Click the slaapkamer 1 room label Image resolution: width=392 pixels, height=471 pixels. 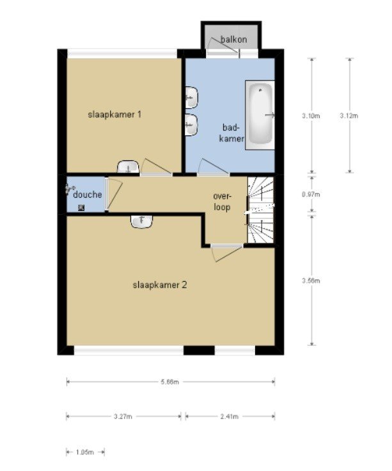coord(114,114)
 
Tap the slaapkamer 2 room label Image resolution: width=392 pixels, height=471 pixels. coord(160,285)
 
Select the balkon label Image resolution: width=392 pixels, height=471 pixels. coord(234,40)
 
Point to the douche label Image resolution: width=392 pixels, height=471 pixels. coord(88,195)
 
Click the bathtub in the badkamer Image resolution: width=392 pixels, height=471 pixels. coord(260,115)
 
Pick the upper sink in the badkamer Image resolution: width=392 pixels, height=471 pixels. coord(191,98)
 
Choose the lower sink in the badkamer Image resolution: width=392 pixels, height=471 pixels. coord(191,125)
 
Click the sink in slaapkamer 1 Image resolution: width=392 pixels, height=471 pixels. coord(128,167)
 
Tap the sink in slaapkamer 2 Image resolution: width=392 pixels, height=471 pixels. coord(141,222)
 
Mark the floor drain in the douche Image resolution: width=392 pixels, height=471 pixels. coord(81,208)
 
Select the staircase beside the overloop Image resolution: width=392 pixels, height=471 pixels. coord(261,210)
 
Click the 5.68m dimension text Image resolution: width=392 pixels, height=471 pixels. coord(170,382)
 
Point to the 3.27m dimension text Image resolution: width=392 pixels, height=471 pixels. coord(123,417)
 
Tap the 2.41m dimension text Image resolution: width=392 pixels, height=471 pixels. coord(230,417)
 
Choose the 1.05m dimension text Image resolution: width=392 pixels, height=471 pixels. coord(85,452)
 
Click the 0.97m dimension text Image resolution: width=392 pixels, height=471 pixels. coord(311,194)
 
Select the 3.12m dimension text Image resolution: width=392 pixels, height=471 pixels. coord(349,116)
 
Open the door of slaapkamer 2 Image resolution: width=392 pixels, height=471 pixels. coord(227,252)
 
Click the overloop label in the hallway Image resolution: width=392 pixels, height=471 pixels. coord(222,202)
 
